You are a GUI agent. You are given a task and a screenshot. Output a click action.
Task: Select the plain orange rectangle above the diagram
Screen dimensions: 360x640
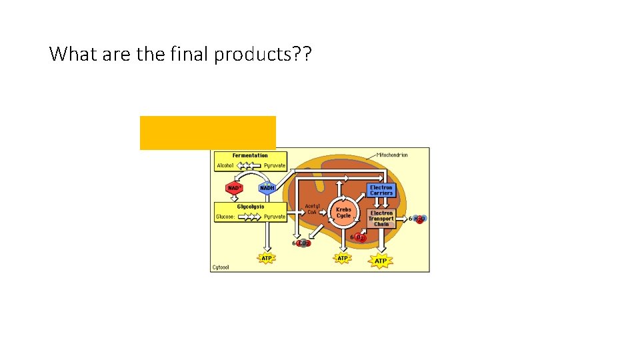click(x=207, y=132)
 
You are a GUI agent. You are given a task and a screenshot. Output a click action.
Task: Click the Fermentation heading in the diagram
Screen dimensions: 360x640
click(x=250, y=155)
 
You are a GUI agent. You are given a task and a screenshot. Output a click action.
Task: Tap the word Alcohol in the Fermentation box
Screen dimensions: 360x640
click(x=225, y=165)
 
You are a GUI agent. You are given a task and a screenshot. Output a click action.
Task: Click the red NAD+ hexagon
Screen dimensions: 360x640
click(x=235, y=188)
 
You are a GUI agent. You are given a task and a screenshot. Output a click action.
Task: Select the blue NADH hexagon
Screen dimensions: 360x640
click(x=267, y=188)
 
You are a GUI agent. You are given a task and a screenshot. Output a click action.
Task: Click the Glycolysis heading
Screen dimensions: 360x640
click(x=251, y=207)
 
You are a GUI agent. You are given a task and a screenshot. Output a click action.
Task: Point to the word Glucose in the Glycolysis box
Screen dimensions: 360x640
click(x=225, y=217)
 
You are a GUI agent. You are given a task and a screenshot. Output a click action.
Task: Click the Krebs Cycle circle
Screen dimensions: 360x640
click(x=343, y=212)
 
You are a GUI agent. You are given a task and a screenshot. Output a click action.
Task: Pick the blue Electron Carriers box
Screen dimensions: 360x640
click(x=381, y=191)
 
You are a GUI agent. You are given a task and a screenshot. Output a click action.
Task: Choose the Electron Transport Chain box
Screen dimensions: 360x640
click(x=381, y=219)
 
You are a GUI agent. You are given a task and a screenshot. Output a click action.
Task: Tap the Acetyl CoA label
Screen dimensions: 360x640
click(x=312, y=209)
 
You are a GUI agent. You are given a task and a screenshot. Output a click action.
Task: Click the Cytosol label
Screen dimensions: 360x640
click(x=221, y=267)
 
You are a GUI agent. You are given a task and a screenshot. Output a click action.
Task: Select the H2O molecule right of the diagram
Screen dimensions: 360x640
click(x=419, y=219)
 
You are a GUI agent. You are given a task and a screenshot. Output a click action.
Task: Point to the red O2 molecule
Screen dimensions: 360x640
click(x=361, y=237)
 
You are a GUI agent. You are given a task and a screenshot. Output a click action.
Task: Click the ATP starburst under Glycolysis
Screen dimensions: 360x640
click(x=267, y=258)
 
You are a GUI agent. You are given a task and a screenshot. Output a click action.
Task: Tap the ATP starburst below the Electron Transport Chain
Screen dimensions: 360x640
click(x=380, y=260)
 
